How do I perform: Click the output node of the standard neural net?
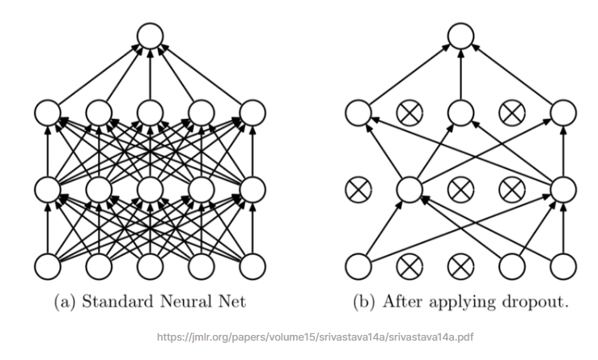[x=150, y=36]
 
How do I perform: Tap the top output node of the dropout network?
[x=460, y=36]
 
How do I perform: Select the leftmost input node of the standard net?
[x=47, y=265]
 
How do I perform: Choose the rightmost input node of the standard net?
[x=253, y=265]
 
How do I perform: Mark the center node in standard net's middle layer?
[x=150, y=189]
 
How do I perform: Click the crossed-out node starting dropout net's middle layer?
[x=358, y=189]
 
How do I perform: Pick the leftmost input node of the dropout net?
[x=358, y=265]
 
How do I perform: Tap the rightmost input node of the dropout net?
[x=564, y=265]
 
